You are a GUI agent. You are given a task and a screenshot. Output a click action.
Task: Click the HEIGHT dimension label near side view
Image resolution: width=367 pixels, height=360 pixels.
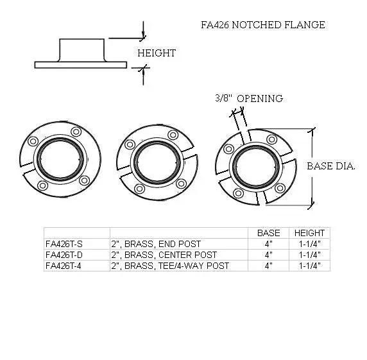coord(156,53)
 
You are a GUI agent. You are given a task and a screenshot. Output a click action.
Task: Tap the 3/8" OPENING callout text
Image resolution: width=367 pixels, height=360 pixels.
coord(249,98)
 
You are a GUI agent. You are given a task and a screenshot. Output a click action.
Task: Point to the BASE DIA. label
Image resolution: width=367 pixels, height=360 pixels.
coord(330,166)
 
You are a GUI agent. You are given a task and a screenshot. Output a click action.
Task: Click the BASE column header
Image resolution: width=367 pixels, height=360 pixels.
coord(268,232)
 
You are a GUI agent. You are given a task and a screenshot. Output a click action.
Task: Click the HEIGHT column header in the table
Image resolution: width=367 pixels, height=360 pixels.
coord(309,232)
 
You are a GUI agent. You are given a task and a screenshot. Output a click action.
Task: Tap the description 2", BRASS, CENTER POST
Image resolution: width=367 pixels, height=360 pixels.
coord(164,255)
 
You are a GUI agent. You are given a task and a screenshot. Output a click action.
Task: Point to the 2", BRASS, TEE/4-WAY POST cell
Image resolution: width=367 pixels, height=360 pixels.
coord(169,266)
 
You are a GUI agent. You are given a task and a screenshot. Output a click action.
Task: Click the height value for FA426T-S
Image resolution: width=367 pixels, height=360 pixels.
coord(309,244)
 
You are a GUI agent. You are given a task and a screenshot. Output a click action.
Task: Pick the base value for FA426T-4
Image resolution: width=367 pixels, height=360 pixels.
coord(268,266)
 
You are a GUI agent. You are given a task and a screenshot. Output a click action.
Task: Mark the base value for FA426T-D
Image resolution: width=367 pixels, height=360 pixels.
coord(268,255)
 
